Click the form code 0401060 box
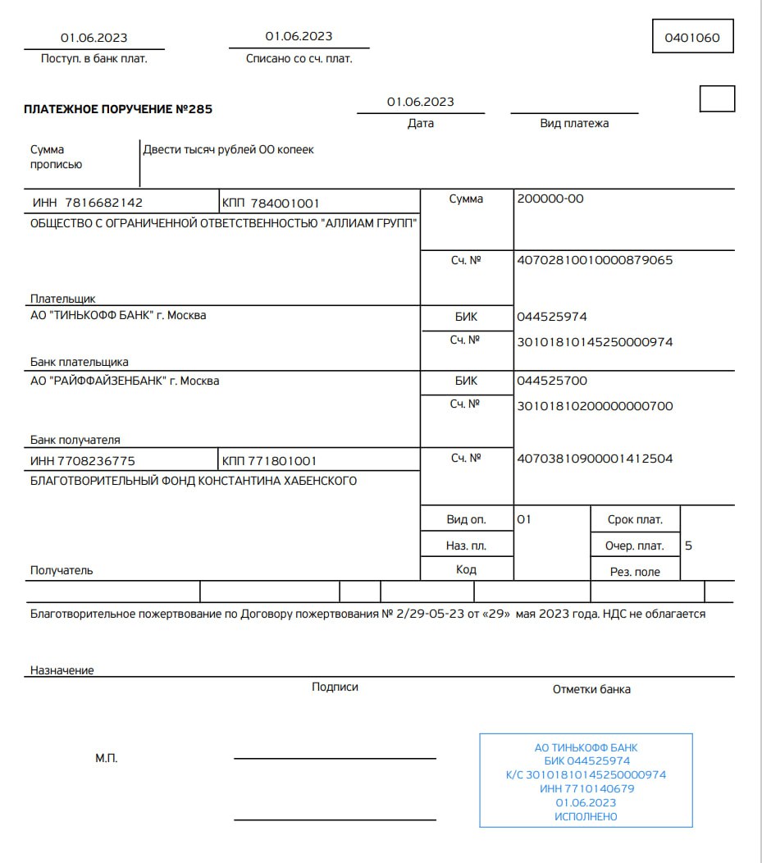click(x=692, y=37)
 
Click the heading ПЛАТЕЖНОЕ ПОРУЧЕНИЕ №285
click(x=118, y=109)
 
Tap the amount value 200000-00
click(x=550, y=199)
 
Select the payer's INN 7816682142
click(x=88, y=203)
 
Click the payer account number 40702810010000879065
click(x=595, y=260)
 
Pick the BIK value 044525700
click(x=552, y=381)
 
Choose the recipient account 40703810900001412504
click(x=595, y=459)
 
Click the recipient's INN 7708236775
click(x=83, y=461)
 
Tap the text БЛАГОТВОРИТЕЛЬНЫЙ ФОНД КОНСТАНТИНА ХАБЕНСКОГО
click(x=194, y=481)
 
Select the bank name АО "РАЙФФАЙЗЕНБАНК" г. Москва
click(x=125, y=381)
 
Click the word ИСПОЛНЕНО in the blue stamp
click(x=586, y=816)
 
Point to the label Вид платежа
click(x=574, y=123)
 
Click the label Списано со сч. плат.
click(x=299, y=58)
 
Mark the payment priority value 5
click(x=688, y=545)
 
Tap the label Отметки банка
click(x=591, y=689)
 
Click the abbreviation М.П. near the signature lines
click(x=107, y=758)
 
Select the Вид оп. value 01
click(x=525, y=519)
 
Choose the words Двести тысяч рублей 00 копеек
click(x=229, y=149)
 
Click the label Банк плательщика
click(x=80, y=362)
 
